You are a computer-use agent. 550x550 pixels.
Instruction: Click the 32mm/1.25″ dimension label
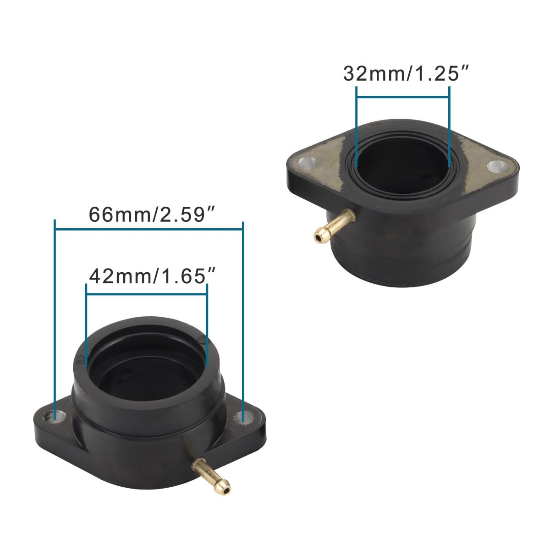406,74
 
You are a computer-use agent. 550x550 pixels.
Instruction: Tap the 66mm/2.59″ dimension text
152,214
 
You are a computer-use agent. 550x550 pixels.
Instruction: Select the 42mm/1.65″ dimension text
152,276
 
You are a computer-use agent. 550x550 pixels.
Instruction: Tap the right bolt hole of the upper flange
497,167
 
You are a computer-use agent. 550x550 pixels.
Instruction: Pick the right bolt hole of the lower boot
243,417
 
